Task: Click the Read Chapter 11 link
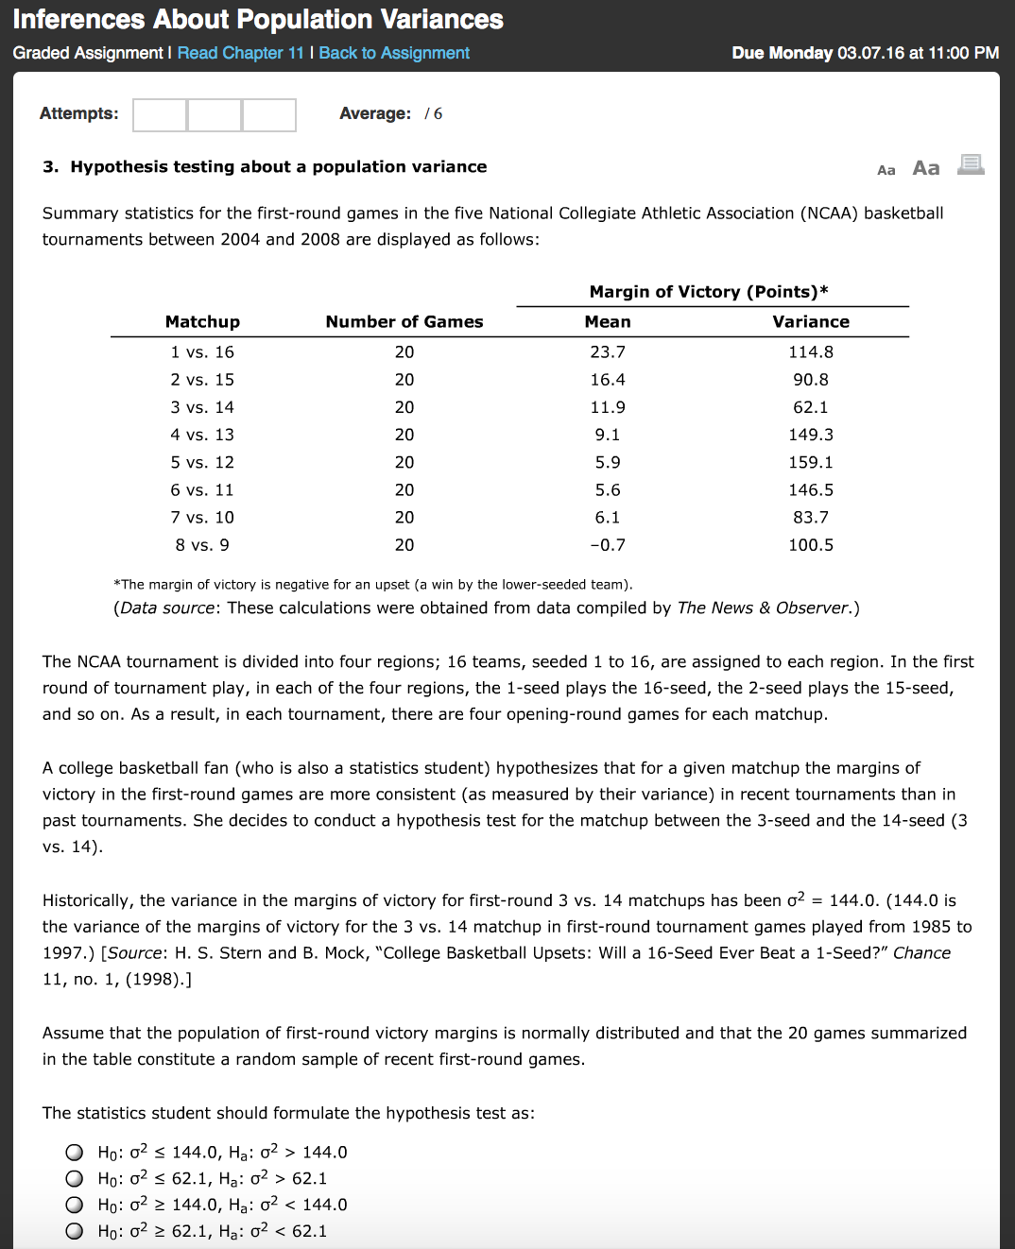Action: click(x=240, y=53)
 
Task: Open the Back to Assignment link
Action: click(x=394, y=53)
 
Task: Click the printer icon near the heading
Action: click(x=971, y=165)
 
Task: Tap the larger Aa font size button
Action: click(x=925, y=168)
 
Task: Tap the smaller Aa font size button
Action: click(x=886, y=170)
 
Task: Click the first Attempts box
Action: click(x=160, y=114)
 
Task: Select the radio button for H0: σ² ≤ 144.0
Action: click(x=75, y=1152)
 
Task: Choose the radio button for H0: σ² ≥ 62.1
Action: click(x=75, y=1231)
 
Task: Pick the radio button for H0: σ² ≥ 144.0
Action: click(x=75, y=1205)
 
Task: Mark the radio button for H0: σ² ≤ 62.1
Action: click(x=75, y=1178)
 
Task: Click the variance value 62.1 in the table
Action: click(x=810, y=407)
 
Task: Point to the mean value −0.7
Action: click(x=607, y=545)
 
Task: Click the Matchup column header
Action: click(x=202, y=322)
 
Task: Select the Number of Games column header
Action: click(x=404, y=322)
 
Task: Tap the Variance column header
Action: click(x=810, y=322)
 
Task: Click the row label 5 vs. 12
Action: click(x=202, y=462)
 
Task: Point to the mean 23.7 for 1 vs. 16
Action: click(x=607, y=352)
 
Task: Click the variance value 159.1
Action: click(x=810, y=462)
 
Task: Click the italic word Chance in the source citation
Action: click(x=921, y=953)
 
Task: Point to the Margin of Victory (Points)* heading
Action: click(x=708, y=292)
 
